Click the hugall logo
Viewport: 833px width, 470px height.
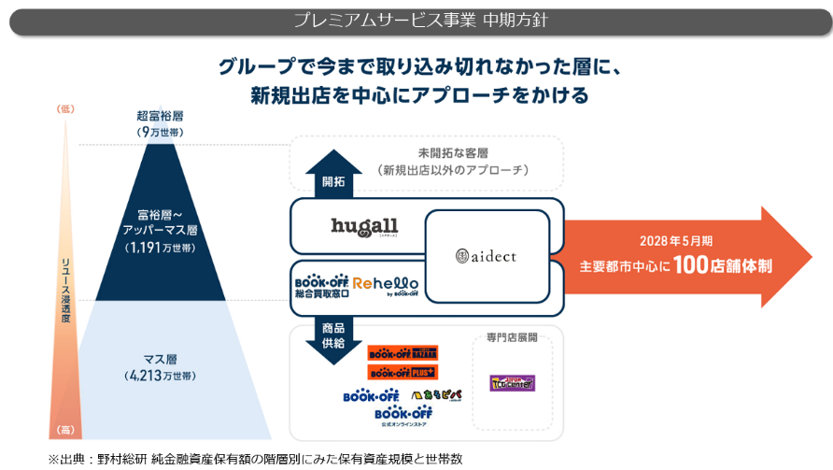[x=364, y=227]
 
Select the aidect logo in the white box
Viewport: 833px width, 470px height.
[x=487, y=255]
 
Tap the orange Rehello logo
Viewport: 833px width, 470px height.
[x=386, y=283]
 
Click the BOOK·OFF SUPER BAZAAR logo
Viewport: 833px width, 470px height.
[x=402, y=353]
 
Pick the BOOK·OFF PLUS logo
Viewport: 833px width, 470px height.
[x=402, y=372]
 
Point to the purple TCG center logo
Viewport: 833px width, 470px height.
[x=512, y=382]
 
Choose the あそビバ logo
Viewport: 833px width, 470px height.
[x=436, y=395]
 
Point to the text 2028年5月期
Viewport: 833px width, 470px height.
[x=671, y=239]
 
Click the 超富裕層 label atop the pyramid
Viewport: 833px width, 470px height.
[x=160, y=117]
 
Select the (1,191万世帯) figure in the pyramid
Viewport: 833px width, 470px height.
[x=160, y=248]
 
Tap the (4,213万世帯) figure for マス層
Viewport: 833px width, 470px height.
[x=160, y=375]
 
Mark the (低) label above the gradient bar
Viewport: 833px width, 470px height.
[x=65, y=109]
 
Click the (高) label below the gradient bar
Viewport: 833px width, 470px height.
[x=65, y=430]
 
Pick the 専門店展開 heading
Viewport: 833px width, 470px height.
[x=511, y=336]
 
